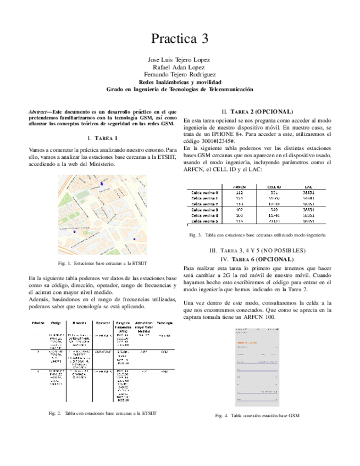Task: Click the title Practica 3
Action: coord(180,38)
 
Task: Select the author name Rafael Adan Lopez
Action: coord(180,66)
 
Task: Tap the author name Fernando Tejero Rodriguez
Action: coord(180,74)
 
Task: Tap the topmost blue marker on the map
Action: coord(101,184)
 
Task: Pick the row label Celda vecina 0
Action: coord(205,193)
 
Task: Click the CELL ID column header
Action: coord(275,186)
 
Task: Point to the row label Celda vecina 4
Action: coord(205,216)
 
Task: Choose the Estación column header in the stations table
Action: coord(38,323)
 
